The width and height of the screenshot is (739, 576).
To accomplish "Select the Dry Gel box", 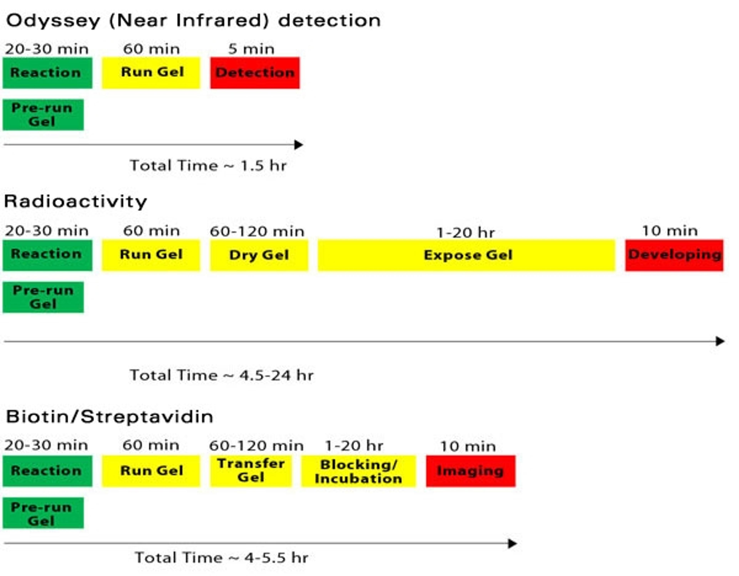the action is click(x=259, y=255).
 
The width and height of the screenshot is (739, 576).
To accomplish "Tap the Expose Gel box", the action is click(x=466, y=255).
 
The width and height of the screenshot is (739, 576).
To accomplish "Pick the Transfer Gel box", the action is click(x=251, y=471).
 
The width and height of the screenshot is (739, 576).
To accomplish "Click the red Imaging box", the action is click(x=471, y=471).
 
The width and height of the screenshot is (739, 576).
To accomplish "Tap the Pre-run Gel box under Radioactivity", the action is click(x=43, y=297).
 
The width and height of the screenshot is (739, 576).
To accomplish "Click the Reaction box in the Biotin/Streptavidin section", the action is click(x=47, y=471).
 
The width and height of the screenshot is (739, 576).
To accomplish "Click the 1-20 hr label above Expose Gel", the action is click(x=466, y=233).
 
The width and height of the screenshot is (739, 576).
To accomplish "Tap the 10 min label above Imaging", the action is click(x=468, y=446).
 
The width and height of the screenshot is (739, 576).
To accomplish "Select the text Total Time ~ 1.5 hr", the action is click(x=208, y=166).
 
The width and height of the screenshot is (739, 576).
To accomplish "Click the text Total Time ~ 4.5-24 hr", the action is click(x=222, y=375).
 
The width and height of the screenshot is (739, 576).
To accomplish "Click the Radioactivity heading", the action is click(x=75, y=202).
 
